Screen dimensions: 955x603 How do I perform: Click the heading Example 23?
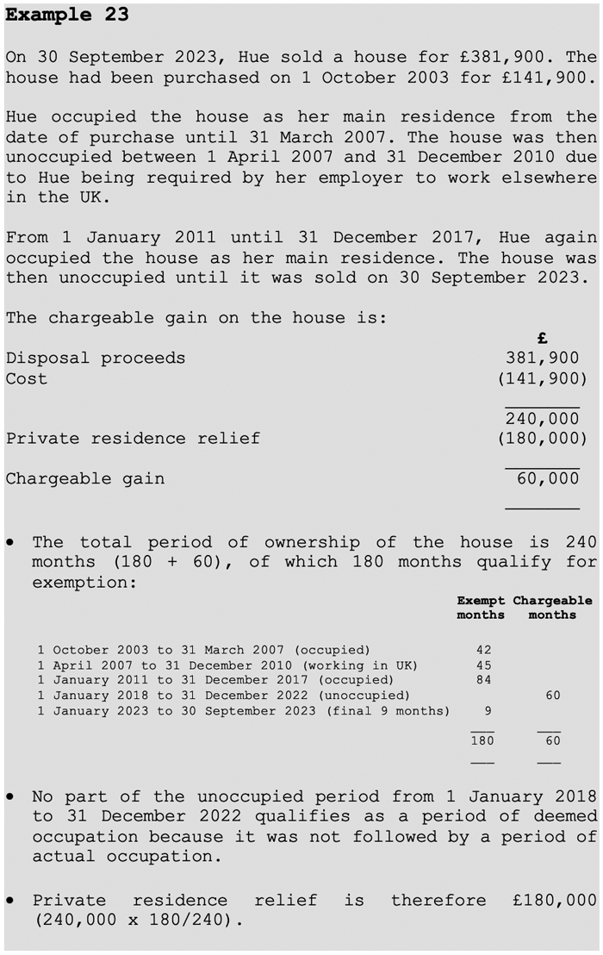click(67, 16)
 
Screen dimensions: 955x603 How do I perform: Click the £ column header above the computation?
click(542, 339)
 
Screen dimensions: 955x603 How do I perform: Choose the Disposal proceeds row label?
click(95, 358)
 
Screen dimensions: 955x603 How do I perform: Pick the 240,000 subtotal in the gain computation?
click(542, 419)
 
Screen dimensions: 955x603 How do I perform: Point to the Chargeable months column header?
click(552, 608)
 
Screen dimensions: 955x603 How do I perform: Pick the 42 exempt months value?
click(482, 649)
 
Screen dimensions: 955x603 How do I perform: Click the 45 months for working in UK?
click(482, 665)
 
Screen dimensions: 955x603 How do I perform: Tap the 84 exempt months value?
click(482, 680)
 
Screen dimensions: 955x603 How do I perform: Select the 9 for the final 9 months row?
click(487, 711)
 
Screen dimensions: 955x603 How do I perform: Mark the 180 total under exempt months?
click(482, 740)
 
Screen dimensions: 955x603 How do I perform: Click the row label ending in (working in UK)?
click(227, 665)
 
